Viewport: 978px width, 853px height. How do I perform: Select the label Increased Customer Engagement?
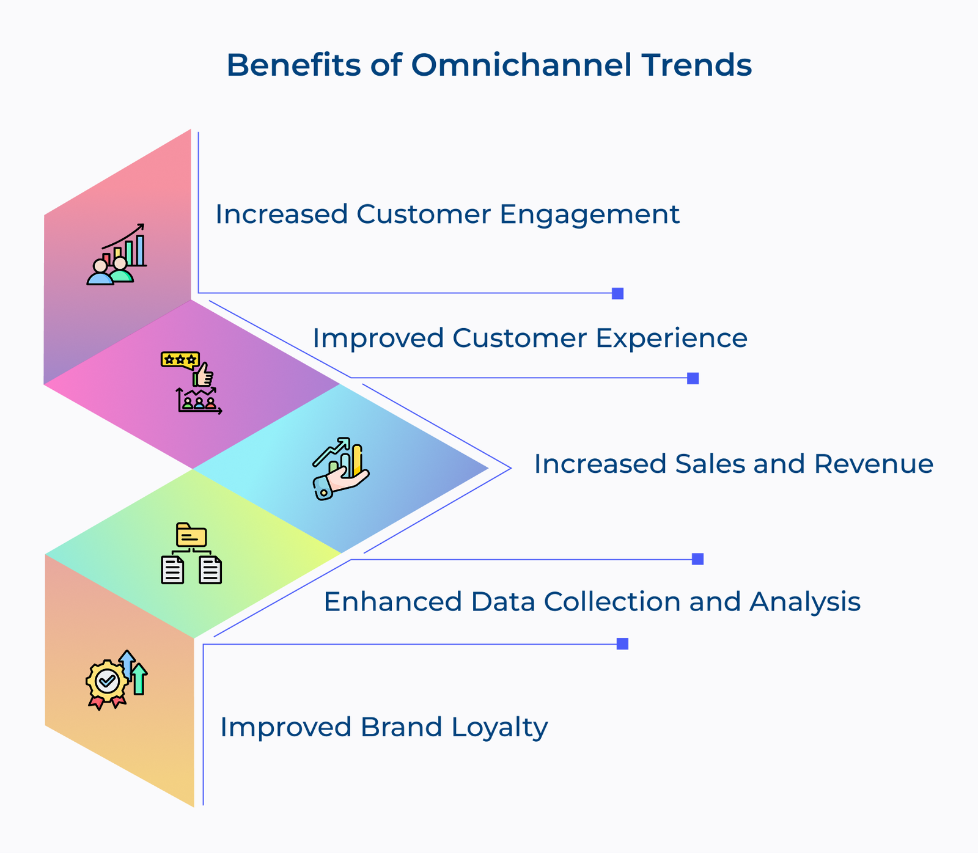[x=447, y=214]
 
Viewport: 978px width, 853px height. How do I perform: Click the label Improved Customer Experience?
[x=529, y=338]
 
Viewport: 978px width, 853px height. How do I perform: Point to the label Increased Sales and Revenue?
[x=733, y=464]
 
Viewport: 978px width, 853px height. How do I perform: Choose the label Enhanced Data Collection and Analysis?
[x=592, y=601]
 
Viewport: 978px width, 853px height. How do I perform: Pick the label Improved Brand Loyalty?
[x=383, y=727]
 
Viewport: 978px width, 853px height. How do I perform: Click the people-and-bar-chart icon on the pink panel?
[x=117, y=255]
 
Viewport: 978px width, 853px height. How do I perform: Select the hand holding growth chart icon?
[x=341, y=468]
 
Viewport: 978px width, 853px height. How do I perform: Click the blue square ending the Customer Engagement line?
[x=617, y=293]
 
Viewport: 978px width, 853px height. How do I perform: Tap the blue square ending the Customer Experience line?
[x=693, y=378]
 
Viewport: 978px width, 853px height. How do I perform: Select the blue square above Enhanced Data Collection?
[x=697, y=559]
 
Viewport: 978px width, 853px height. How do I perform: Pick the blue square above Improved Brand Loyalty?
[x=622, y=644]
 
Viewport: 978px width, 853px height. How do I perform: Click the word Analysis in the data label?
[x=805, y=601]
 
